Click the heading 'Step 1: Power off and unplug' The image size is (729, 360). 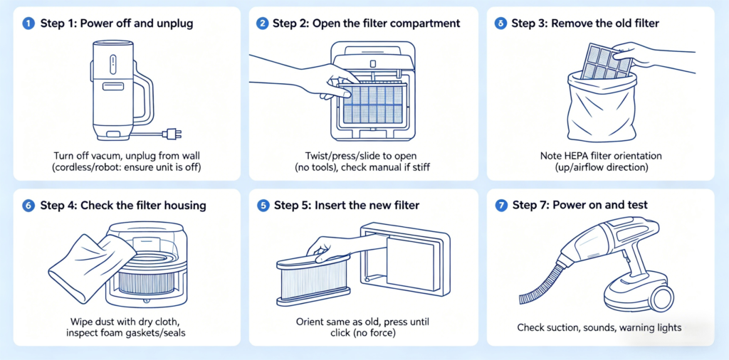[116, 23]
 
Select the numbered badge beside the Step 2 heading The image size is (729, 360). [262, 23]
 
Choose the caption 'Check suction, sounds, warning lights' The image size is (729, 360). [599, 328]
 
